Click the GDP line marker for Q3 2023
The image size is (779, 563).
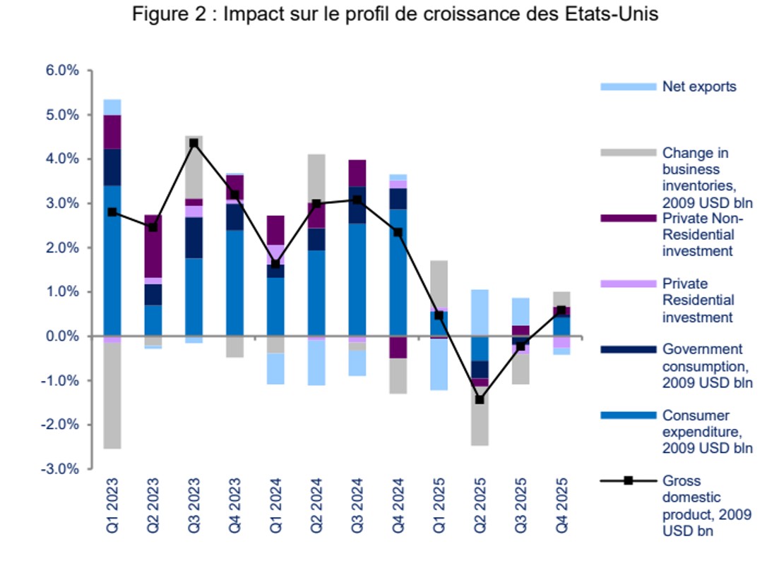click(x=194, y=143)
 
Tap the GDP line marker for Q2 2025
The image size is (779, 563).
click(x=480, y=399)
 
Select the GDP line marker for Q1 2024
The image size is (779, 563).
click(x=275, y=264)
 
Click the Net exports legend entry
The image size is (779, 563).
click(x=698, y=87)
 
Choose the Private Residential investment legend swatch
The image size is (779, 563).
click(x=628, y=284)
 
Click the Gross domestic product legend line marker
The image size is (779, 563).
click(x=628, y=481)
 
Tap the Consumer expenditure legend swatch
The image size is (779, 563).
click(x=628, y=416)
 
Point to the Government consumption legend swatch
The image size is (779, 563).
click(x=628, y=349)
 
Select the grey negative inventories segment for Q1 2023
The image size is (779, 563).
click(x=112, y=395)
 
